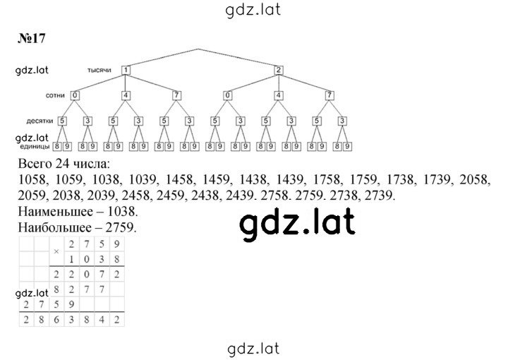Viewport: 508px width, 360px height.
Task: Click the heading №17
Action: (32, 39)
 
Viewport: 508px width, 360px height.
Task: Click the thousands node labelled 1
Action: (126, 70)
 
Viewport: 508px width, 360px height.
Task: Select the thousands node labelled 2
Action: (279, 70)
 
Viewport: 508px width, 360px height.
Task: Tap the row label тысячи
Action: (99, 70)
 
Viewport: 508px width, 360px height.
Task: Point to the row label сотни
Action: (55, 95)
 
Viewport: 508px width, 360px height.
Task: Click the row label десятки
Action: (40, 121)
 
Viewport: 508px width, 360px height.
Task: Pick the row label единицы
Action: (34, 147)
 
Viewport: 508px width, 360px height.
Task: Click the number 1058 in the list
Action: (33, 179)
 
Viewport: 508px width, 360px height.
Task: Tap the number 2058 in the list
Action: (475, 179)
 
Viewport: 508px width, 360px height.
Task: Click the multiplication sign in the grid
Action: (56, 251)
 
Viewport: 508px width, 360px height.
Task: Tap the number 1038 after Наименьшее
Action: (122, 212)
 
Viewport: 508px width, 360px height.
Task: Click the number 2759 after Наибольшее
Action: (121, 227)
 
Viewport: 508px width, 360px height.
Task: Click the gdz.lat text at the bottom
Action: (253, 349)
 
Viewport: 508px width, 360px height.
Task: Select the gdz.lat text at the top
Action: (253, 10)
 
